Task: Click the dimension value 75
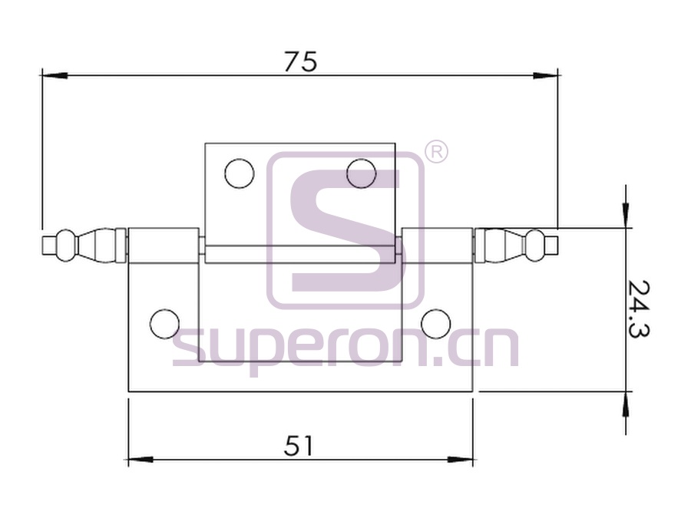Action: point(300,61)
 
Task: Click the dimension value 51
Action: point(299,446)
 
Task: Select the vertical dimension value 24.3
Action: point(638,308)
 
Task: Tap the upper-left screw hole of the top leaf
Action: point(240,173)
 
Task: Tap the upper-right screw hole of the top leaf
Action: point(362,173)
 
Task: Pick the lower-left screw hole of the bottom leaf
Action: point(165,324)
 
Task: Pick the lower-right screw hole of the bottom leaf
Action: point(436,324)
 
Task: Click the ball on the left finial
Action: point(66,246)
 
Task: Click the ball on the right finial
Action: point(535,246)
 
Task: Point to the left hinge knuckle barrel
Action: point(164,246)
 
